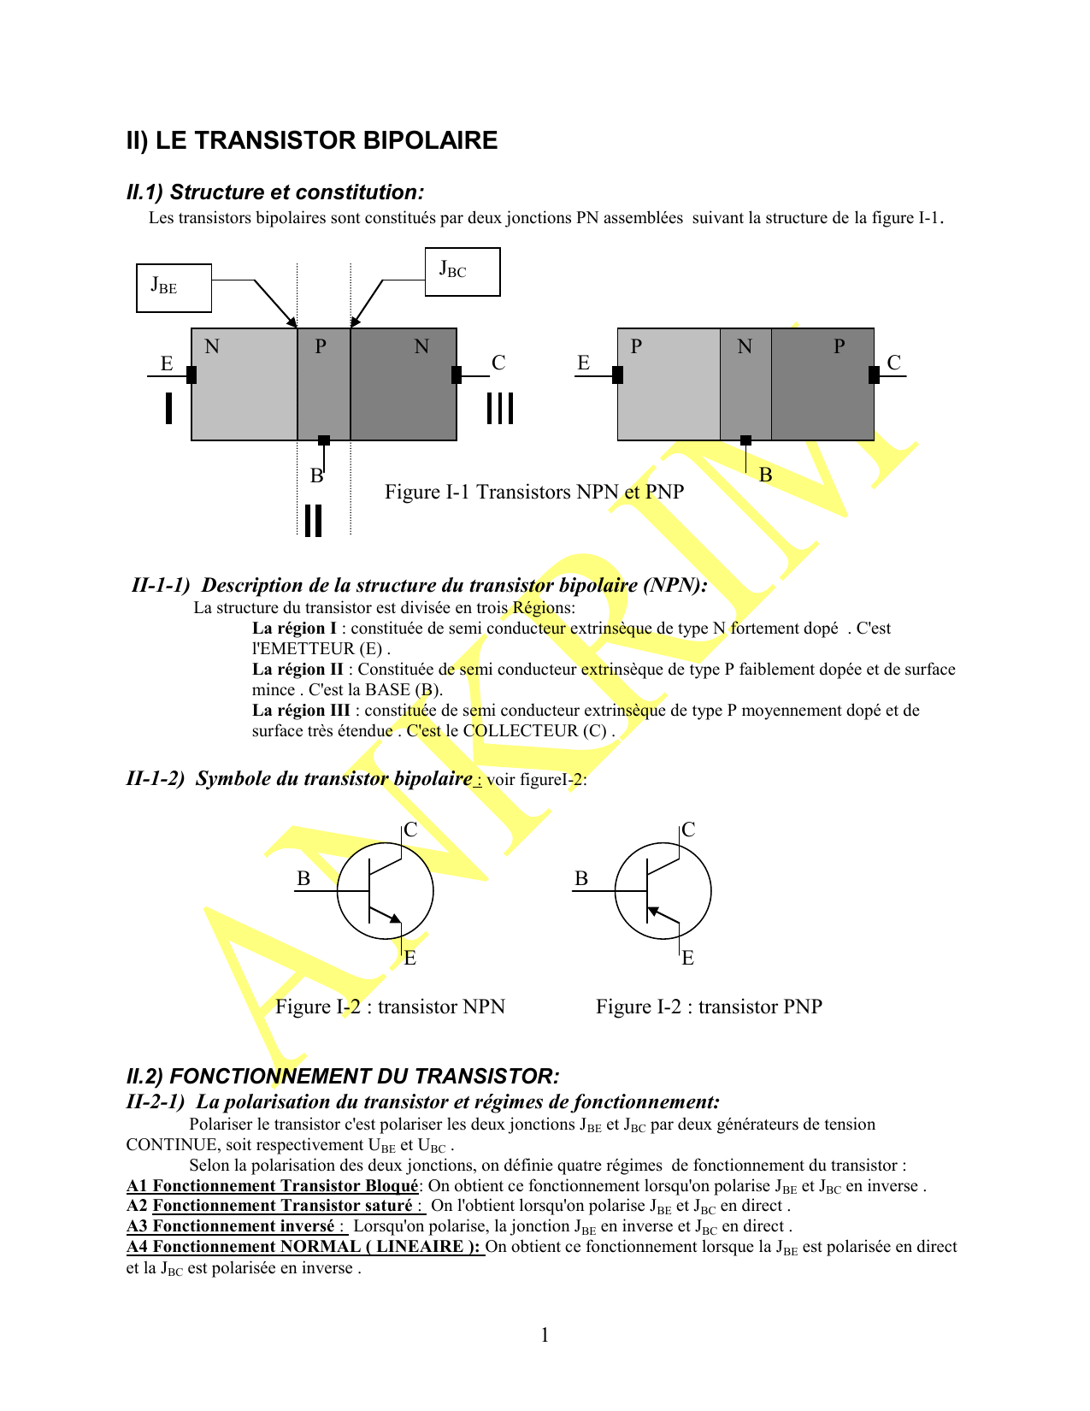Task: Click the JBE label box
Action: (x=174, y=288)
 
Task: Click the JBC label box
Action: (x=463, y=272)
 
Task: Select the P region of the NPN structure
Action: (x=324, y=384)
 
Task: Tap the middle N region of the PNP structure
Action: (x=745, y=384)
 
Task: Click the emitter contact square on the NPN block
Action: (x=191, y=375)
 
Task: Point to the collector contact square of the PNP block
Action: (x=874, y=375)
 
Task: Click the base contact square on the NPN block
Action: (x=324, y=440)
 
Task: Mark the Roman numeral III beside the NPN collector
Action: (x=500, y=408)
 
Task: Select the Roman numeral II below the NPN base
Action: (x=314, y=520)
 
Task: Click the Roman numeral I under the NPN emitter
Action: (x=169, y=408)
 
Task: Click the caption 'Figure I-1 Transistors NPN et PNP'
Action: (x=534, y=493)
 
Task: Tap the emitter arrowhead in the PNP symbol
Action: (x=654, y=912)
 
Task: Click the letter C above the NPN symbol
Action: (x=410, y=830)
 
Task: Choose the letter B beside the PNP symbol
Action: (x=581, y=879)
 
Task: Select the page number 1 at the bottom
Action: (x=545, y=1335)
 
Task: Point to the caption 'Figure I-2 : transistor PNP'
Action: (x=709, y=1007)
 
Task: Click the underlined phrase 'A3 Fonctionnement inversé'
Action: (x=231, y=1226)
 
